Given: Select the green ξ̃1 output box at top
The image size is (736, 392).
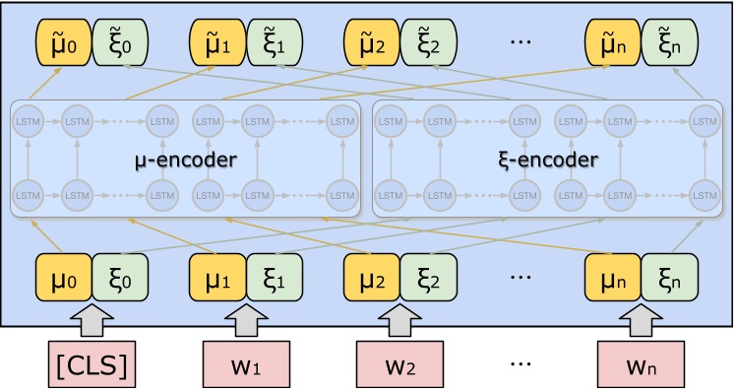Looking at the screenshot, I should pos(274,45).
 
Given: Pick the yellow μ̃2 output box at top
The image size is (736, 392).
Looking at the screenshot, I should pos(371,45).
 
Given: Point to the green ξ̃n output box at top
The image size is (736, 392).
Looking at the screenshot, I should pos(668,45).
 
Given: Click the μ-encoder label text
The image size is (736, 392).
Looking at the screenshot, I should pos(186,159).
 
